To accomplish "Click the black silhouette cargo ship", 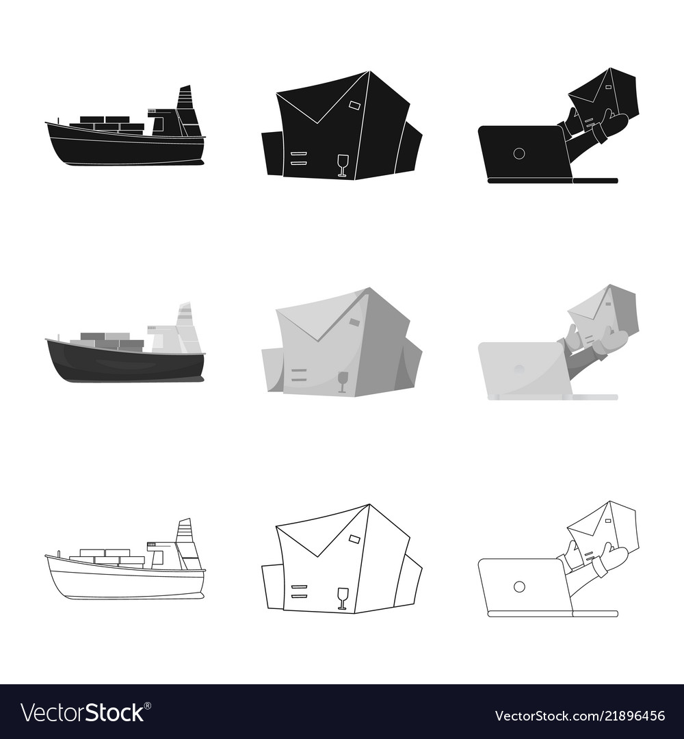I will pos(123,140).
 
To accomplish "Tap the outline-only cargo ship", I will pos(123,575).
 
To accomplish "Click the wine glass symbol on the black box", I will pos(343,165).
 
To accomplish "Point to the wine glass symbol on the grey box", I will pos(343,381).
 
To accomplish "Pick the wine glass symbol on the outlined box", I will pos(343,597).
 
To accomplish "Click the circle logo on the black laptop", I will pos(519,153).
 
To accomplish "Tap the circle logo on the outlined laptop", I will pos(519,586).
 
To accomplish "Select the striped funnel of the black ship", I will pos(185,99).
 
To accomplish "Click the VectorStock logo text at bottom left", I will pos(82,713).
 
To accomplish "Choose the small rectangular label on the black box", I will pos(355,105).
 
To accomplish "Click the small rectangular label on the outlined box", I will pos(355,539).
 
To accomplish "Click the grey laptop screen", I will pos(523,369).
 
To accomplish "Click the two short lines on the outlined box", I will pos(298,591).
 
